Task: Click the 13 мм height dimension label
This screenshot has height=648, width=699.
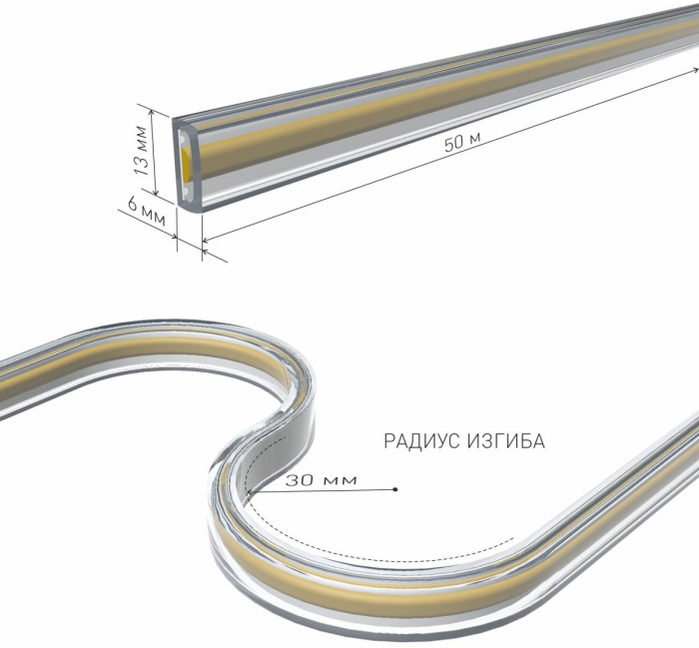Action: point(142,150)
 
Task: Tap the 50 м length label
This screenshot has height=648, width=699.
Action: point(462,142)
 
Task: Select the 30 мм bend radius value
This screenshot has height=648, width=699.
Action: point(322,480)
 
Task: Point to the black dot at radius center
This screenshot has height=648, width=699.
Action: point(395,489)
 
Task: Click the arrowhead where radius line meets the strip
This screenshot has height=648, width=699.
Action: point(250,492)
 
